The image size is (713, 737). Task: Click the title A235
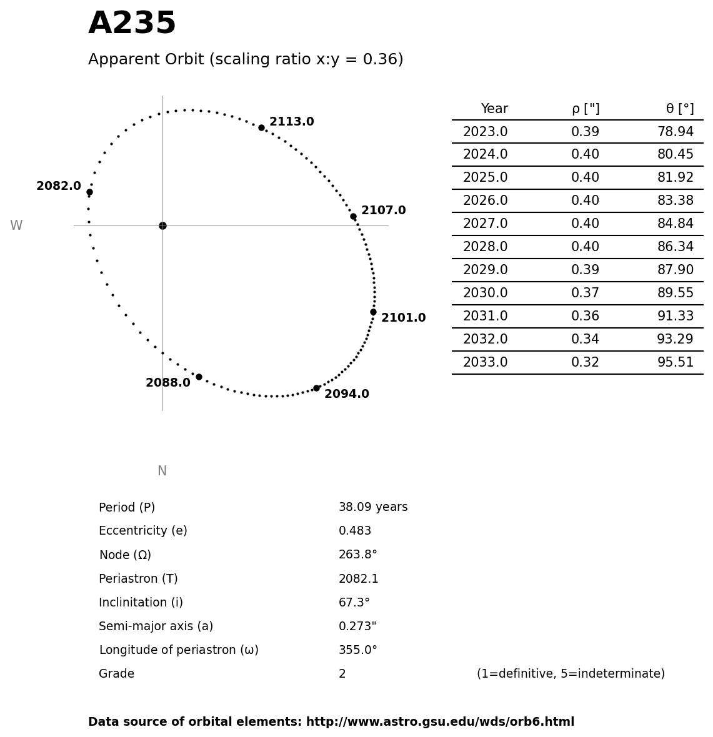tap(132, 24)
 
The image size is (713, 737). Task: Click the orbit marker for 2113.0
tap(261, 127)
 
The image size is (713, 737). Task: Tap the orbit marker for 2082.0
tap(89, 192)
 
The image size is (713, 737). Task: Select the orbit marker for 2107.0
tap(353, 216)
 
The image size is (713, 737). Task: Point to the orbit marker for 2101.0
tap(373, 312)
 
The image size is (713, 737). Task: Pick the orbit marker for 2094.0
tap(316, 388)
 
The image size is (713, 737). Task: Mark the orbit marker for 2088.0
tap(199, 377)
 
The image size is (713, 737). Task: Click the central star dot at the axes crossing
tap(162, 225)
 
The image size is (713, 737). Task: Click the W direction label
tap(16, 225)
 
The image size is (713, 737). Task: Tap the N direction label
tap(162, 471)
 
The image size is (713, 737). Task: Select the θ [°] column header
tap(679, 109)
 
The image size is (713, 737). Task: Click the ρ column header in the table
tap(585, 109)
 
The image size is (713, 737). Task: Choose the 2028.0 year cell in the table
tap(485, 247)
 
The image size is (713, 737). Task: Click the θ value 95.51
tap(675, 362)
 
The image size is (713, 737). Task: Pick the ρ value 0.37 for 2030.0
tap(585, 293)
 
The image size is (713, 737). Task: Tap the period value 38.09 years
tap(372, 507)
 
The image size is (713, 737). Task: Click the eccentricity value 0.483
tap(354, 531)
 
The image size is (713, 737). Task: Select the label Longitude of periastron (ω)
tap(178, 650)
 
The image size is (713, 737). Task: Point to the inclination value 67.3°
tap(354, 603)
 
